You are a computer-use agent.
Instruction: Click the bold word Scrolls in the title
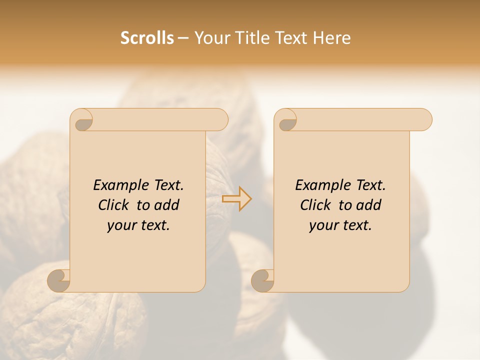tap(147, 38)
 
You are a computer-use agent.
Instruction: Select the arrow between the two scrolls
tap(236, 199)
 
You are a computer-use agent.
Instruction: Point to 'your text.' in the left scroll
tap(138, 225)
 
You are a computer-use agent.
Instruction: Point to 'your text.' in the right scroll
tap(340, 225)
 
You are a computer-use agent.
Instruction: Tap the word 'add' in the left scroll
tap(167, 205)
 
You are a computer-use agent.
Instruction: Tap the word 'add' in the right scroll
tap(369, 205)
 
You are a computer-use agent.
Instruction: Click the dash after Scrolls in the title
tap(183, 38)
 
